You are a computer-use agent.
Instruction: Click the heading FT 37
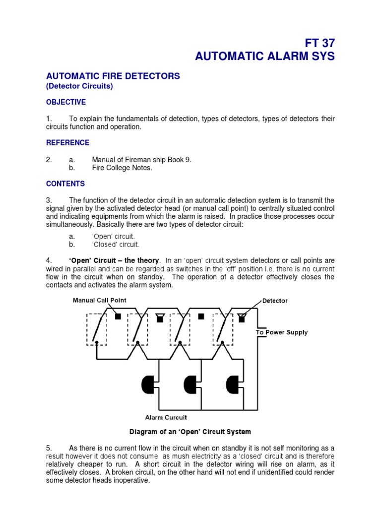[x=315, y=43]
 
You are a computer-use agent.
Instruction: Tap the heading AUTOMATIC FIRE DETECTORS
[x=113, y=76]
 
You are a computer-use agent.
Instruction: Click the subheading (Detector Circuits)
[x=79, y=86]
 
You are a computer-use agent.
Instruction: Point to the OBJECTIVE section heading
[x=66, y=102]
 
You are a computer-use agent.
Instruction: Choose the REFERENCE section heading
[x=67, y=143]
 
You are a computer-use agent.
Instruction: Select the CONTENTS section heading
[x=65, y=184]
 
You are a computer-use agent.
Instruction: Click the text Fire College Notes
[x=122, y=168]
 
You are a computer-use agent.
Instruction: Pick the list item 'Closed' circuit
[x=116, y=245]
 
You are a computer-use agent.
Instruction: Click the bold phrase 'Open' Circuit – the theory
[x=114, y=260]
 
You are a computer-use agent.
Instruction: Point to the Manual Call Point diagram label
[x=100, y=300]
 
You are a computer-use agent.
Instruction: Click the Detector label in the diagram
[x=275, y=301]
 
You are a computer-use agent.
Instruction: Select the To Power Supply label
[x=281, y=332]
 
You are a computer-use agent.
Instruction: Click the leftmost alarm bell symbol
[x=148, y=383]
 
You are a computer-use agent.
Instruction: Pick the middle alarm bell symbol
[x=190, y=383]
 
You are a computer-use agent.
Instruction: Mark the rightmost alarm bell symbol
[x=232, y=383]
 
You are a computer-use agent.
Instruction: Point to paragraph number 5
[x=49, y=448]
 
